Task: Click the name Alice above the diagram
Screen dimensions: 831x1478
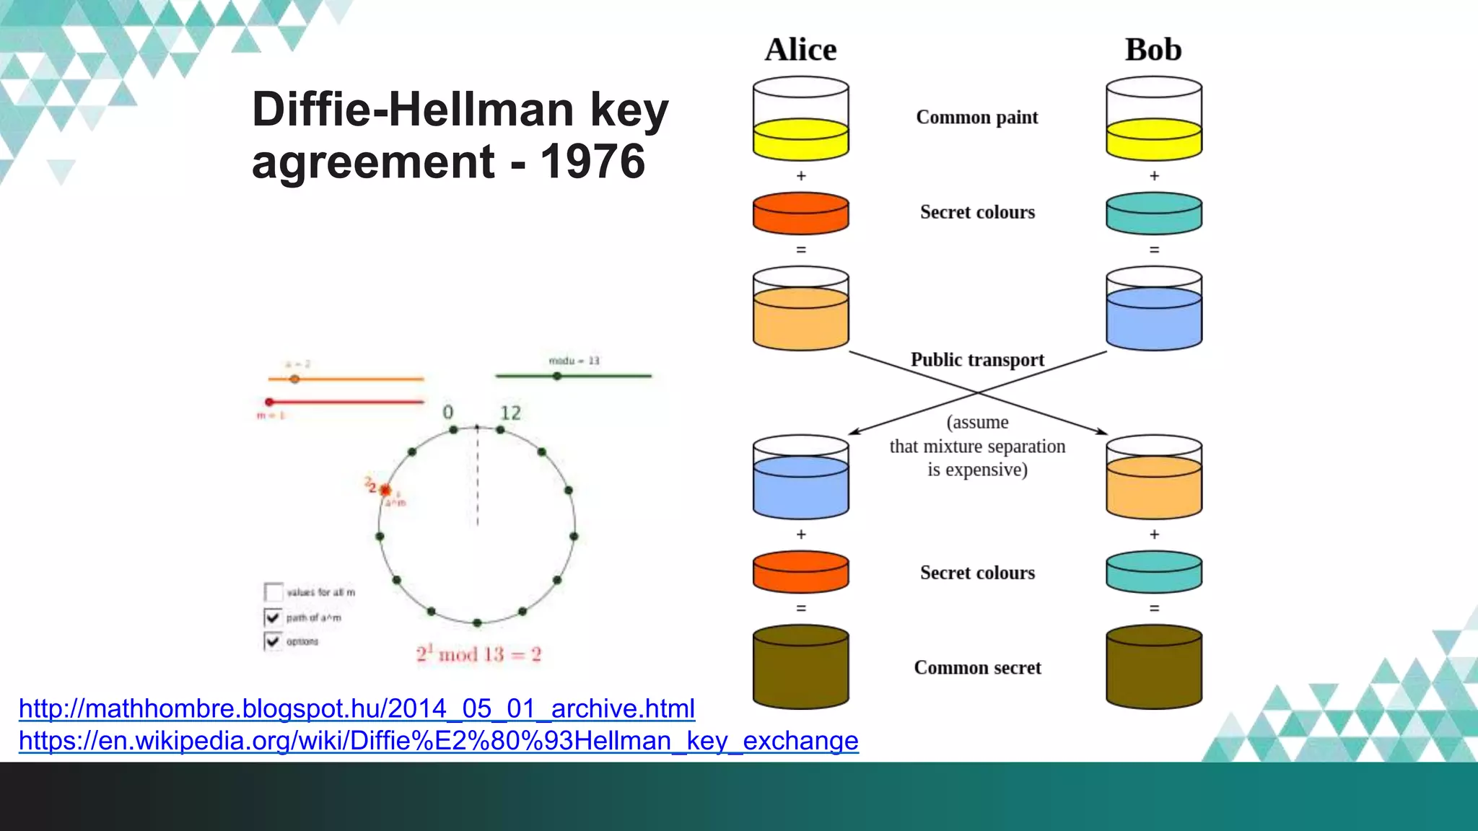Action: [x=800, y=50]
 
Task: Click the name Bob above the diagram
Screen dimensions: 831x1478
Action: [x=1153, y=50]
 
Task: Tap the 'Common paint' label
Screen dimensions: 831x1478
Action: [x=976, y=118]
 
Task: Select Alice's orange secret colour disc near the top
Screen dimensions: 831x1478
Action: [x=800, y=213]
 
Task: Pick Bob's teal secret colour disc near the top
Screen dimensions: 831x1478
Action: [x=1153, y=213]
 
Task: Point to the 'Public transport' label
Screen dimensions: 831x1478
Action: [x=977, y=359]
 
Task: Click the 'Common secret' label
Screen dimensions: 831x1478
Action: [x=977, y=668]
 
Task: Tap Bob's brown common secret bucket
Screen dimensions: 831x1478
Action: [x=1153, y=667]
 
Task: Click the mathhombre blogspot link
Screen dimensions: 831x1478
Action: [x=357, y=708]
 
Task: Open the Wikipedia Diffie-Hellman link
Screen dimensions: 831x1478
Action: [x=438, y=741]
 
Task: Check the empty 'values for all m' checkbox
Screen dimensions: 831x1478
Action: [x=274, y=592]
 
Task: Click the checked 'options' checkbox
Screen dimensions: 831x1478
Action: [x=273, y=641]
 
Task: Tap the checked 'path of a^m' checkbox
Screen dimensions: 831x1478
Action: [x=273, y=617]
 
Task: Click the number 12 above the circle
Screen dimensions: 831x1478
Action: [x=510, y=413]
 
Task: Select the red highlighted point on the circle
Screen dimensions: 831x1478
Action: [x=385, y=490]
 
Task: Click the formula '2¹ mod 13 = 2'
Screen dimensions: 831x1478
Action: [x=478, y=654]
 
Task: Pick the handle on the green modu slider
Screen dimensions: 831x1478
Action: [x=556, y=376]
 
